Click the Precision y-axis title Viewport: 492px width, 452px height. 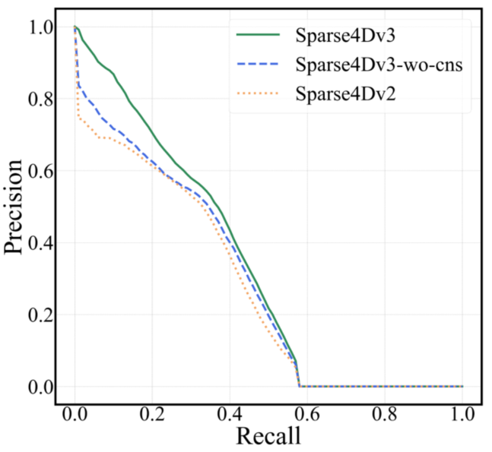point(17,207)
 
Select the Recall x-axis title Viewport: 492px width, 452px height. point(268,435)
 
